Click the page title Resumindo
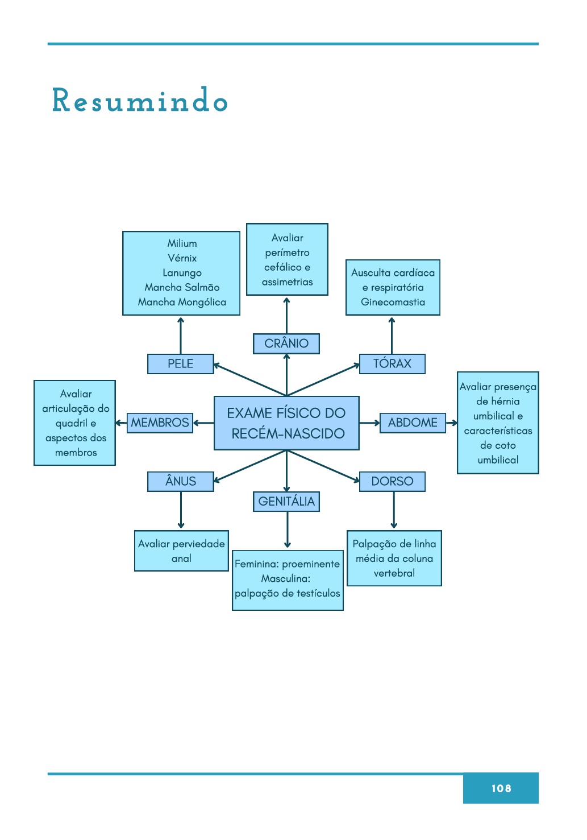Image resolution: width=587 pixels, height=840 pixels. (140, 101)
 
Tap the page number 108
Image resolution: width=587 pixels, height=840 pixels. (501, 788)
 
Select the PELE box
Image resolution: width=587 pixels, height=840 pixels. (180, 364)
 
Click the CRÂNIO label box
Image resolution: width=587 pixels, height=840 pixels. (286, 344)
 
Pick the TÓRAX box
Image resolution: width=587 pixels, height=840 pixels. (392, 364)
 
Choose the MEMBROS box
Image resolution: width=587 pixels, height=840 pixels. (160, 423)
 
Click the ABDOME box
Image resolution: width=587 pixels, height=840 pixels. (413, 423)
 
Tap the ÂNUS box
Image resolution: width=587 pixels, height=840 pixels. (180, 481)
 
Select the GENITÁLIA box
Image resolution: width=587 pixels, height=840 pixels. (286, 502)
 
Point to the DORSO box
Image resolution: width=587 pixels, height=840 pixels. (392, 481)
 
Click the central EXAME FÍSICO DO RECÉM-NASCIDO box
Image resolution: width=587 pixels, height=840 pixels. (286, 423)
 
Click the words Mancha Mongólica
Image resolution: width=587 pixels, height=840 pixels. (182, 302)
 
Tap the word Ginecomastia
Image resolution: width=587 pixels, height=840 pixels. (393, 302)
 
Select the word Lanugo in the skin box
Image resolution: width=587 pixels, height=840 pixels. (182, 273)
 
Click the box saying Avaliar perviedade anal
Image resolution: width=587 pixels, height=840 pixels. (181, 551)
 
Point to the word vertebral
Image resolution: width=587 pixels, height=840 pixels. (394, 573)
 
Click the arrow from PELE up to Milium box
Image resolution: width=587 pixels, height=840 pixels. (181, 336)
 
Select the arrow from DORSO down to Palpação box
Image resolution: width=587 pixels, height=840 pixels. (394, 510)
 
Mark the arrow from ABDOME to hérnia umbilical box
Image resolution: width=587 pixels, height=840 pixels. (452, 423)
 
